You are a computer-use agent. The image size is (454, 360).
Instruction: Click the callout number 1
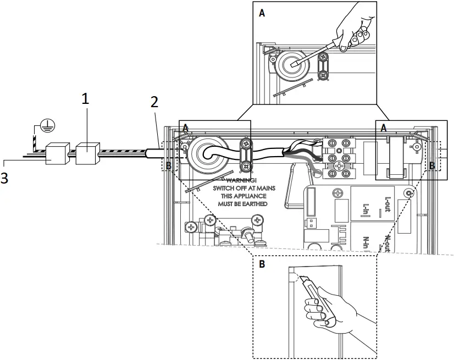85,99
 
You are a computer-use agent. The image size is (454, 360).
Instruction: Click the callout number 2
154,102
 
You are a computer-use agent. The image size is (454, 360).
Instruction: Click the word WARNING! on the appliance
241,180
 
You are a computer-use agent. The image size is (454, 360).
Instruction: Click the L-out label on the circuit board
387,204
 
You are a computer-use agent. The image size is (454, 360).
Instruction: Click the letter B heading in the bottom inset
262,264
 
